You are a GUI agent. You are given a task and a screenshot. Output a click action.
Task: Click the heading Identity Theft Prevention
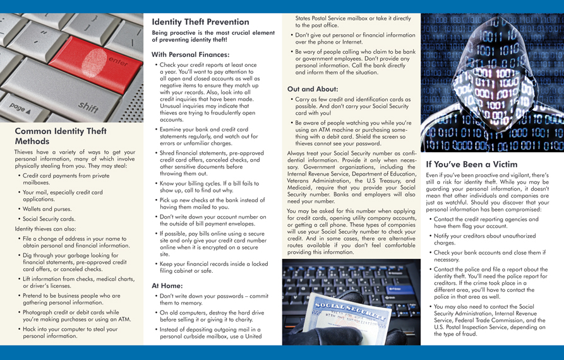point(200,21)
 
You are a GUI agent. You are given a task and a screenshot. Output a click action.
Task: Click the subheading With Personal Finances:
point(190,54)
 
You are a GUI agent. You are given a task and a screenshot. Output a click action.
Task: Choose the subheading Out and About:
point(313,89)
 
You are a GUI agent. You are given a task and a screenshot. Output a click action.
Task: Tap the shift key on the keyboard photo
point(88,107)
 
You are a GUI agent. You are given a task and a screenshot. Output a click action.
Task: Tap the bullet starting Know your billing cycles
point(208,188)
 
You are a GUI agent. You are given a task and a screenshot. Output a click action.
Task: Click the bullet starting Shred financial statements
point(212,163)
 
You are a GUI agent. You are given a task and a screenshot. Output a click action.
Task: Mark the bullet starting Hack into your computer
point(69,333)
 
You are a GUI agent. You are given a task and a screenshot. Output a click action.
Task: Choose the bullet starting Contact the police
point(489,281)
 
